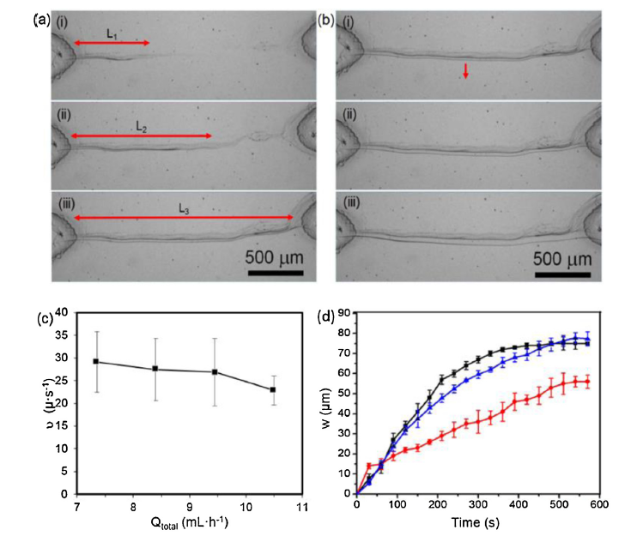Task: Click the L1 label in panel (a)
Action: (112, 34)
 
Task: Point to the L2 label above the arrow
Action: (141, 127)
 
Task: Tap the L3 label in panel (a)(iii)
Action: (184, 209)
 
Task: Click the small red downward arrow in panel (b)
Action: (465, 70)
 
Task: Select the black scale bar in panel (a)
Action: (276, 273)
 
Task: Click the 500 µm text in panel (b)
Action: (562, 259)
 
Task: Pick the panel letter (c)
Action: (45, 318)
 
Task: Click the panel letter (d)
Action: (326, 317)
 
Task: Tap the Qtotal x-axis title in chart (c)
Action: (190, 523)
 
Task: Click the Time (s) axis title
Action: (476, 522)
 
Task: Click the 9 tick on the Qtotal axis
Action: (190, 507)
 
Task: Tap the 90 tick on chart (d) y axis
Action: (344, 313)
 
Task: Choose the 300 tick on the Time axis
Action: (478, 504)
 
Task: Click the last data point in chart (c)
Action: (273, 389)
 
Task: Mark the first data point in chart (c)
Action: (96, 361)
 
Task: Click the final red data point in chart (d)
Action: (587, 382)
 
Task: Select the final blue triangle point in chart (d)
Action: (587, 339)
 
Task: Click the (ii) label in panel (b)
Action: (349, 115)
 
